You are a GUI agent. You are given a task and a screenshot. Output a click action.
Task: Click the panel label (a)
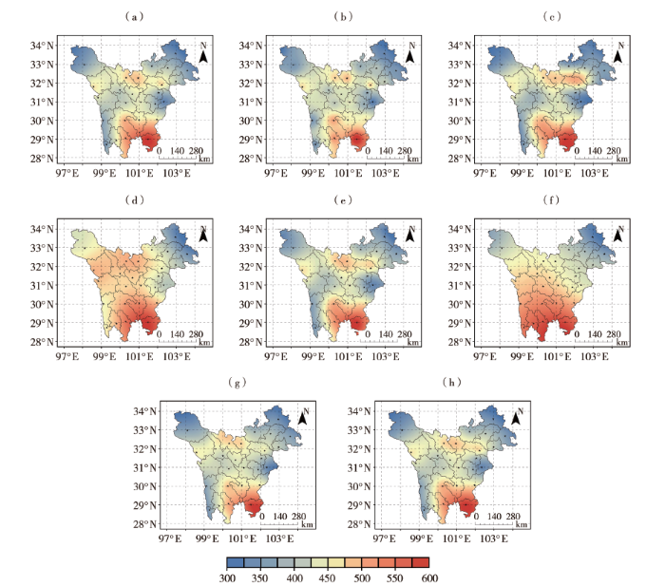[x=135, y=16]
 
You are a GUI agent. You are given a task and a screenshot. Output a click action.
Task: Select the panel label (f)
[x=551, y=199]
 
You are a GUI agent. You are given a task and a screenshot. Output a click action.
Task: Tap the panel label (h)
[x=451, y=382]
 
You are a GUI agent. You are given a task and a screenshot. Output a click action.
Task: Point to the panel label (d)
[x=135, y=199]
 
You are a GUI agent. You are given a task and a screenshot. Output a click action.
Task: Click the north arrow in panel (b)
[x=410, y=52]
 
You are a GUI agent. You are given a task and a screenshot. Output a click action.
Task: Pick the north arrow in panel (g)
[x=303, y=416]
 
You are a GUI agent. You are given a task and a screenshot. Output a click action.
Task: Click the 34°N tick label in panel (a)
[x=42, y=46]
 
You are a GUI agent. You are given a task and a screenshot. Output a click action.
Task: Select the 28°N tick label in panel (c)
[x=460, y=159]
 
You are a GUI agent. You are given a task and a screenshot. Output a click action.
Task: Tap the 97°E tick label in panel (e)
[x=275, y=356]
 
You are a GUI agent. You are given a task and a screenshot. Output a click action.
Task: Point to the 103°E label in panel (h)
[x=494, y=539]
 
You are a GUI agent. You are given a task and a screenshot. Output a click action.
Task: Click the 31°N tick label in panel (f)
[x=460, y=285]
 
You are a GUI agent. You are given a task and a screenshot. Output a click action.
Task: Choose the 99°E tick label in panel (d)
[x=104, y=356]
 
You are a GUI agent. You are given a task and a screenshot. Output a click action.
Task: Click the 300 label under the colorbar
[x=227, y=578]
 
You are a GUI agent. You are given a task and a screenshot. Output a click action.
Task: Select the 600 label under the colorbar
[x=429, y=578]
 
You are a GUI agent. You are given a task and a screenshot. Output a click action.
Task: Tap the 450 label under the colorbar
[x=328, y=578]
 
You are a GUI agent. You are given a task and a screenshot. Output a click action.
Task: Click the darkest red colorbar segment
[x=421, y=562]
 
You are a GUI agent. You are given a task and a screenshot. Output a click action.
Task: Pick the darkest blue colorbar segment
[x=236, y=562]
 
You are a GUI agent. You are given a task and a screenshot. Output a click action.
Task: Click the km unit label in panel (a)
[x=204, y=159]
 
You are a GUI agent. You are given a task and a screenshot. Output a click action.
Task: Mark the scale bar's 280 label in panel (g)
[x=298, y=517]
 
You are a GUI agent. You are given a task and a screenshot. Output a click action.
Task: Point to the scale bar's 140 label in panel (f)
[x=595, y=334]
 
